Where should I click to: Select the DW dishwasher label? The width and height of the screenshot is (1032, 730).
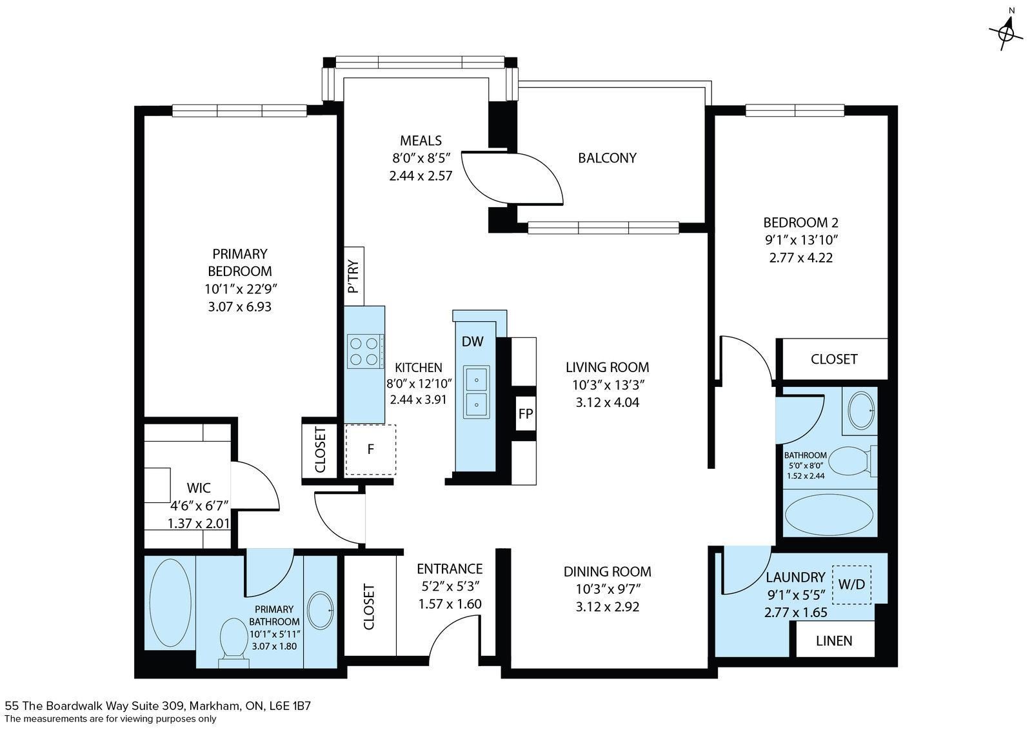[x=473, y=341]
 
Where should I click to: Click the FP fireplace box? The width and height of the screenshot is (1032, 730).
[x=526, y=413]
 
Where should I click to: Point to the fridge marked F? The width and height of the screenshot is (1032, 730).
[x=370, y=449]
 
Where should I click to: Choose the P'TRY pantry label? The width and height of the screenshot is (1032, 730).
[x=353, y=277]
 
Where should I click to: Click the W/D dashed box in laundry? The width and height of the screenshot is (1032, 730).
[x=851, y=584]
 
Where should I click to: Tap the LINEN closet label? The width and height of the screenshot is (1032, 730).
[x=834, y=640]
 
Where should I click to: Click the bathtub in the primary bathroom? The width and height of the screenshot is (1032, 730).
[x=170, y=603]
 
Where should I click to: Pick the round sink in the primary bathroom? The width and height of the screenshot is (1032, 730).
[x=320, y=610]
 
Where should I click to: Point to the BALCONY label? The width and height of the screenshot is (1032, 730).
[x=607, y=158]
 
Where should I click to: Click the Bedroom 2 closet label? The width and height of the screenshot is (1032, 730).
[x=834, y=359]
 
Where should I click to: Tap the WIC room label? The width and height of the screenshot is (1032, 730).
[x=199, y=488]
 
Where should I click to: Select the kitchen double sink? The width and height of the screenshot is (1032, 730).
[x=477, y=392]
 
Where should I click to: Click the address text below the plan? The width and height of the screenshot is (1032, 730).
[x=157, y=705]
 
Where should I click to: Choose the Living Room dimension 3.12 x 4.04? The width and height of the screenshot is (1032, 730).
[x=607, y=402]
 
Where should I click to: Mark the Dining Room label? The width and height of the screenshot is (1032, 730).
[x=607, y=571]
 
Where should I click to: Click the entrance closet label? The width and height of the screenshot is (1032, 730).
[x=369, y=607]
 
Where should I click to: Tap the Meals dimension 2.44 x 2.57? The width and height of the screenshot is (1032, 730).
[x=421, y=176]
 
